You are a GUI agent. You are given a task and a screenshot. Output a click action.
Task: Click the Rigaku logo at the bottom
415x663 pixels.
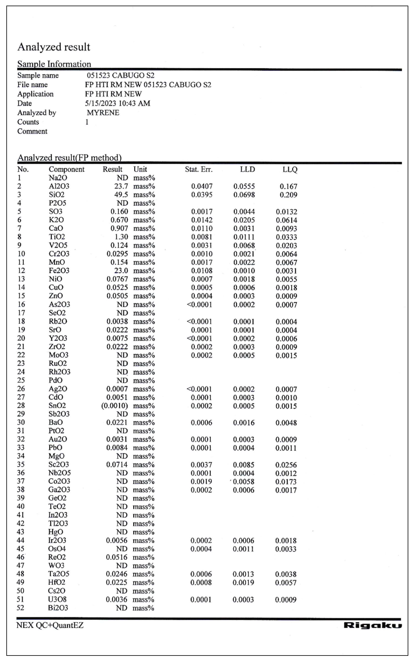372,625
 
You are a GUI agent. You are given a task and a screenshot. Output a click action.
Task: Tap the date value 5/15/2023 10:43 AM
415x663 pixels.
117,103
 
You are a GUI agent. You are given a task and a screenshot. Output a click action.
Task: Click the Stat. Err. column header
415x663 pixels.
198,169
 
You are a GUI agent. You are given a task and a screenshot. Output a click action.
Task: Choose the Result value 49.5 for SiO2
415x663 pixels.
121,195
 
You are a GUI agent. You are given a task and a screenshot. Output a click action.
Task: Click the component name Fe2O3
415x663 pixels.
59,271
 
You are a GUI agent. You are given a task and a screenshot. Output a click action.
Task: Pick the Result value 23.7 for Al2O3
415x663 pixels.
121,186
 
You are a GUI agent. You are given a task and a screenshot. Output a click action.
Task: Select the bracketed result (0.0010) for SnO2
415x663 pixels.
115,406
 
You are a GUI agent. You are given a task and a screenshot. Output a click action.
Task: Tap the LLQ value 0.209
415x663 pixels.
288,195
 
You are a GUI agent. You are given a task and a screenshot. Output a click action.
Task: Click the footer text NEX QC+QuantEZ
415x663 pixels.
50,625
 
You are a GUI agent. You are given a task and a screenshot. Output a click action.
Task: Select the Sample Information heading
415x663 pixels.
54,64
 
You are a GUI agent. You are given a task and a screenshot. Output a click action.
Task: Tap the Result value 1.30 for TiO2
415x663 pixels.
121,237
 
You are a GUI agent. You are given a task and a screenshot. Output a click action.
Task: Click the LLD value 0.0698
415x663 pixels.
244,195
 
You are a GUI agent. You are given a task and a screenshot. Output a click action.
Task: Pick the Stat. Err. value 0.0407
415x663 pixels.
202,186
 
